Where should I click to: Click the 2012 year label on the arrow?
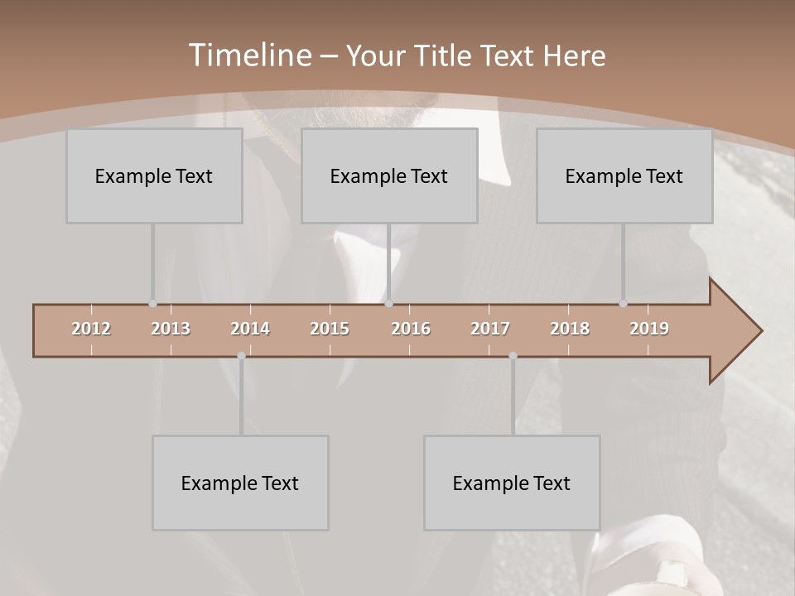coord(91,329)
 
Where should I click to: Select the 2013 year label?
coord(171,329)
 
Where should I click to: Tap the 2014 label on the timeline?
coord(250,329)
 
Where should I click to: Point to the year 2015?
coord(330,329)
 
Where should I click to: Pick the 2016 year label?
coord(411,329)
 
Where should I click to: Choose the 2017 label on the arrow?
coord(490,329)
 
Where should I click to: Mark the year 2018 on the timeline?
coord(570,329)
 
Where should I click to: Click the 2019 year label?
coord(649,329)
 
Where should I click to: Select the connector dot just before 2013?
coord(152,304)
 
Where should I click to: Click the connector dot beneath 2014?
coord(241,356)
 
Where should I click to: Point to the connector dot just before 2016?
coord(389,304)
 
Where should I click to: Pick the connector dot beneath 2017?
coord(513,356)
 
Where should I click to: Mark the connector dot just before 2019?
coord(623,304)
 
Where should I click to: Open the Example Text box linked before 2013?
coord(154,175)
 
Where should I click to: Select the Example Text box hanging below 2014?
coord(240,483)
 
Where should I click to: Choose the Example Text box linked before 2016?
coord(389,175)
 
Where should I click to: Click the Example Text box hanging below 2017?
coord(512,483)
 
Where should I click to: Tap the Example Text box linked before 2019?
coord(624,175)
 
